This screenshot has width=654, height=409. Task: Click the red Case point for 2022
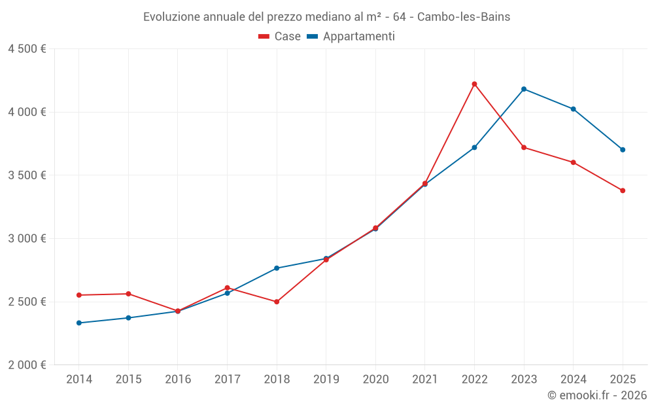point(474,84)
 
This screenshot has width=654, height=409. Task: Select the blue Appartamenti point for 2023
point(524,89)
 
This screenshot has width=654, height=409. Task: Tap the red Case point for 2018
point(277,302)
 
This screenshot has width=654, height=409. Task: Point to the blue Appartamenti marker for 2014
point(79,323)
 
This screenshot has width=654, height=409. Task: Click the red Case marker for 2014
point(79,295)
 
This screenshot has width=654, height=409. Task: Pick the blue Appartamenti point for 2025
point(623,149)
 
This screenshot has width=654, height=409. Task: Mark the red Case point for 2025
point(623,190)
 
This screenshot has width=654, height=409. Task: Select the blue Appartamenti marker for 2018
point(277,268)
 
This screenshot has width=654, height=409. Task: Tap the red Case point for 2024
point(573,162)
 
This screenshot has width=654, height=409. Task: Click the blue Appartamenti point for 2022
point(474,147)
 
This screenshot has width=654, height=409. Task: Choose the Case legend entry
point(280,37)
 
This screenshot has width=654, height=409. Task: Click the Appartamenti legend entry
point(351,37)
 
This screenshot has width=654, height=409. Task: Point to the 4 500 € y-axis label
point(27,49)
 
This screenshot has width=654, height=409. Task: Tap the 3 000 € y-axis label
point(27,238)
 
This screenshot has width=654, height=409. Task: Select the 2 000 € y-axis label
point(27,365)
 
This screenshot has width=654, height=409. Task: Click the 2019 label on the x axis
point(326,380)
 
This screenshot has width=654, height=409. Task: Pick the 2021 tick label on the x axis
point(424,380)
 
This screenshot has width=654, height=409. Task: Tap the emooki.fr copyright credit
point(596,395)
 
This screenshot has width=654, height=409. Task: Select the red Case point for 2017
point(227,288)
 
